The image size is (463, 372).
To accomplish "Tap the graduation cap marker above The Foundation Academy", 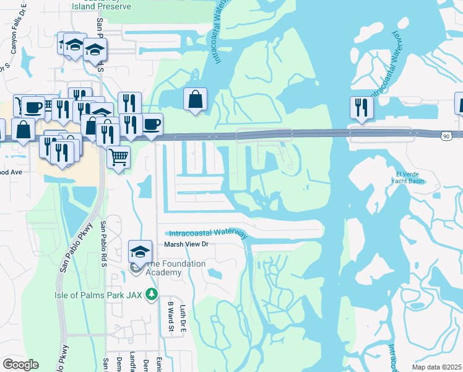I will (141, 250).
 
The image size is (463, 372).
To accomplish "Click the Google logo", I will (20, 365).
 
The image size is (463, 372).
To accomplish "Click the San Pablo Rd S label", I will (105, 244).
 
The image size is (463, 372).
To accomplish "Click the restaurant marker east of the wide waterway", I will (360, 107).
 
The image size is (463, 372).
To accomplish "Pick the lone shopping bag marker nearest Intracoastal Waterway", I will (196, 99).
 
